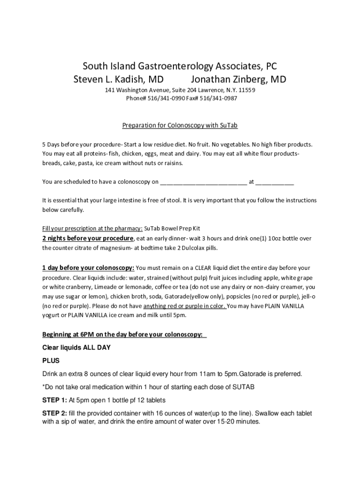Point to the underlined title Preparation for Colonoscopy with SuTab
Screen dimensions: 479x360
180,125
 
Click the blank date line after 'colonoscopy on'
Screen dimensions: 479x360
203,182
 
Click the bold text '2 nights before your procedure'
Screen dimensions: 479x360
88,238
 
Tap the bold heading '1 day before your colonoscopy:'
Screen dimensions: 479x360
88,268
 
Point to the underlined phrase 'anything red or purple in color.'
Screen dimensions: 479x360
185,306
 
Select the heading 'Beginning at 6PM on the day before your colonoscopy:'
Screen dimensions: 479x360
124,334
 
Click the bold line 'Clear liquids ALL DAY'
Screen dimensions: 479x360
77,348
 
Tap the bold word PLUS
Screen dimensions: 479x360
51,361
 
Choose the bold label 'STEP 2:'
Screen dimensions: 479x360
55,414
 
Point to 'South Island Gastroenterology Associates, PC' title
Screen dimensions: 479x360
180,66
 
